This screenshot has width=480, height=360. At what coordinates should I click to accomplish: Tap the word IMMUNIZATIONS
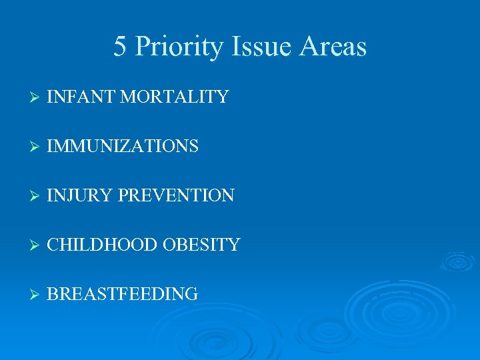tap(123, 146)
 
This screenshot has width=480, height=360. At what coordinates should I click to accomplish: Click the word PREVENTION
tap(176, 195)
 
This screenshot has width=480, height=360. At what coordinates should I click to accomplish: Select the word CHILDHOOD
tap(101, 245)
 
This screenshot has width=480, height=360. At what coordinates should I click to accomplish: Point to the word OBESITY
tap(201, 245)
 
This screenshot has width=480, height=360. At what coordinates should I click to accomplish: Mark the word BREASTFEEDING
tap(123, 294)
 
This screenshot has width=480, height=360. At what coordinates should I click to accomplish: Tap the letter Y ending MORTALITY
tap(223, 97)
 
